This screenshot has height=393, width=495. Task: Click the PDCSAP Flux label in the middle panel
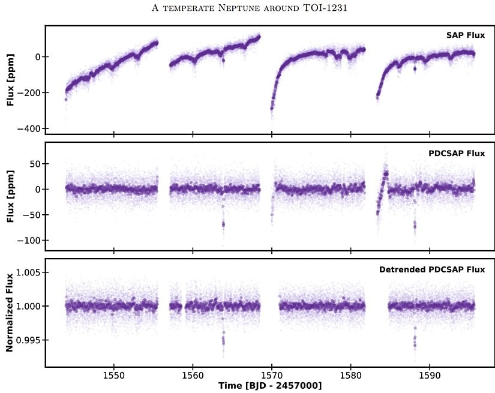click(x=457, y=153)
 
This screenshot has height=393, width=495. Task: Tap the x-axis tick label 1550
click(x=113, y=375)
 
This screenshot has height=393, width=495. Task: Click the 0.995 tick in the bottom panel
click(x=27, y=340)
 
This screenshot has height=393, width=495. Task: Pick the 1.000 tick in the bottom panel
click(x=27, y=306)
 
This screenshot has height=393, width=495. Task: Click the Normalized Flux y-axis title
click(x=10, y=312)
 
